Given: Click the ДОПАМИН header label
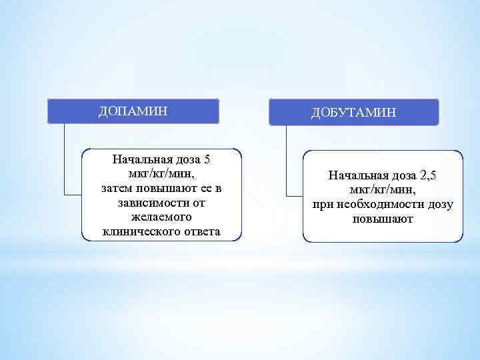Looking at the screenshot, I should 133,111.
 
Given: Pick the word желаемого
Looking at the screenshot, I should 161,217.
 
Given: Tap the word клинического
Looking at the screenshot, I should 137,232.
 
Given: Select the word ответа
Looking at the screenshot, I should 198,232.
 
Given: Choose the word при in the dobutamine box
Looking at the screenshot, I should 322,204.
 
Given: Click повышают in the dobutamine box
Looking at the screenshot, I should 383,219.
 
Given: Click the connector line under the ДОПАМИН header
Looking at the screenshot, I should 65,160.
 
